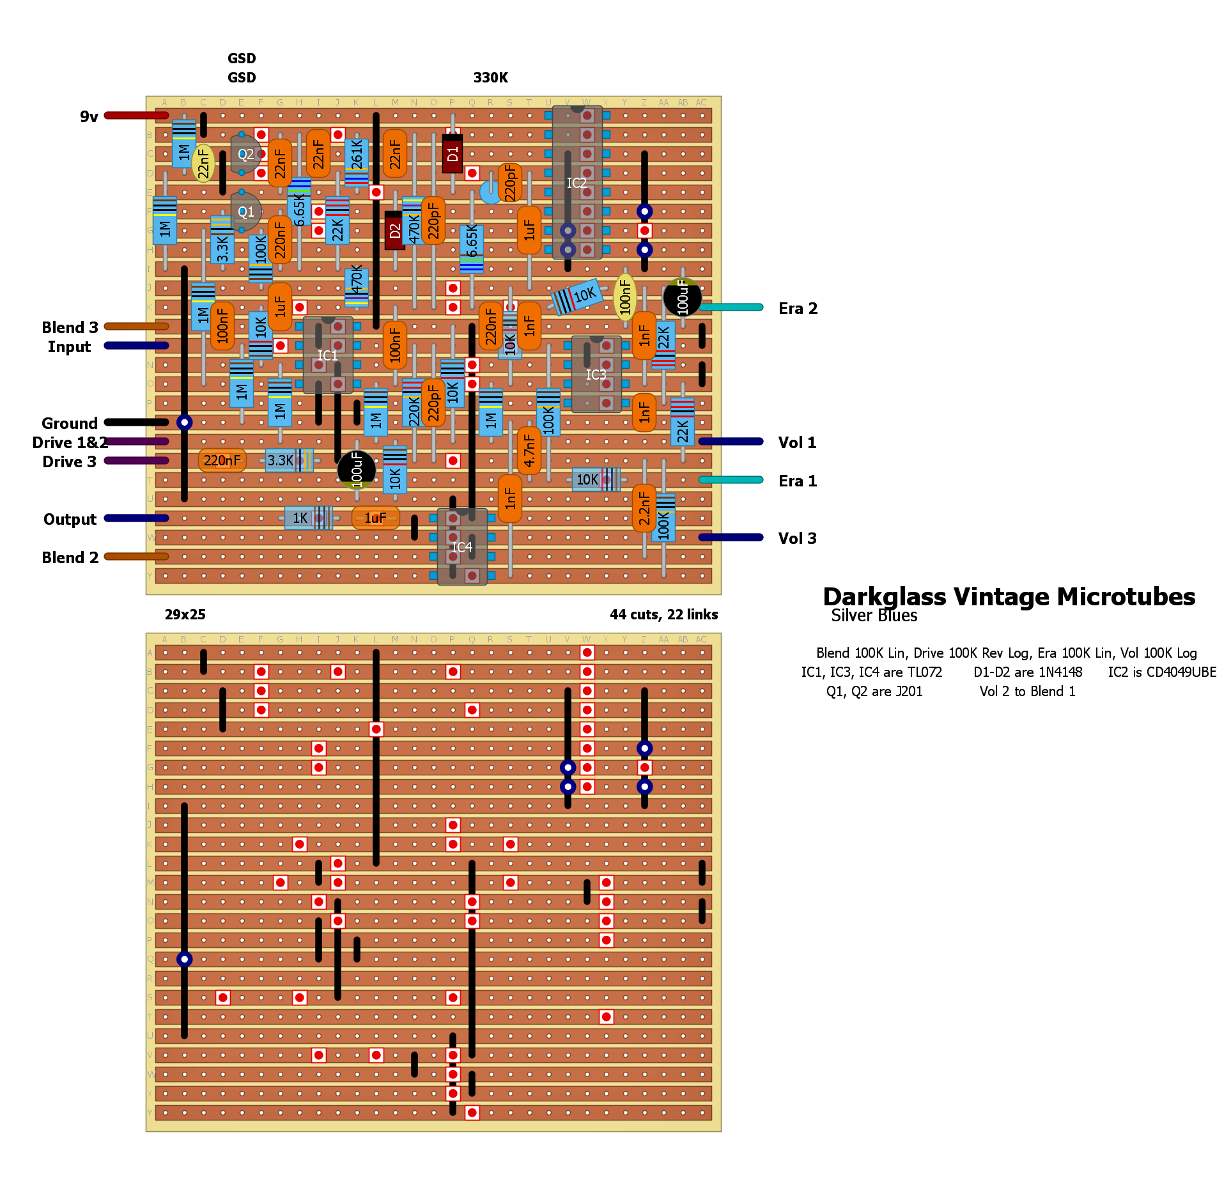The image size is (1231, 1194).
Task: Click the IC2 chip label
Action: (577, 183)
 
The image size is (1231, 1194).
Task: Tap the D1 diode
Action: (453, 153)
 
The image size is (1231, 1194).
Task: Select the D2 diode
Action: (394, 230)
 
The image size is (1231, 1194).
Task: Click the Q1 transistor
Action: (245, 212)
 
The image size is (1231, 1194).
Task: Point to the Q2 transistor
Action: (245, 154)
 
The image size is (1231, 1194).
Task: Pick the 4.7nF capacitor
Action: (529, 451)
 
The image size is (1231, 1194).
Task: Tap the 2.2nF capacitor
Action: (644, 508)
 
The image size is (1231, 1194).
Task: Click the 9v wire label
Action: (89, 116)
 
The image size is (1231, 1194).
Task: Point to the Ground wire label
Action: (70, 423)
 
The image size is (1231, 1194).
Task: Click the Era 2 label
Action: (798, 308)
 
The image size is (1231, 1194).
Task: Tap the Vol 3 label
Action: (797, 538)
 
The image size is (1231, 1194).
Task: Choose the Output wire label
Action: (70, 519)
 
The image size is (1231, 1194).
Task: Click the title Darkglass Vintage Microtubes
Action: (1009, 596)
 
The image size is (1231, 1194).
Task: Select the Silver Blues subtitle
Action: (874, 616)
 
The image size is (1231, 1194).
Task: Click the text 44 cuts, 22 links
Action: (663, 614)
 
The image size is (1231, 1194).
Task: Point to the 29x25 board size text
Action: (185, 614)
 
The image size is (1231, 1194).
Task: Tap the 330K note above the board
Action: (490, 78)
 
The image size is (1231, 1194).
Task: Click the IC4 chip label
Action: (462, 547)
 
